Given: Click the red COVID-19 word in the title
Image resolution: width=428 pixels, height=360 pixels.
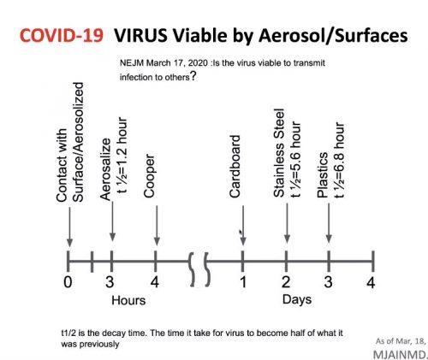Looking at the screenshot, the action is [62, 35].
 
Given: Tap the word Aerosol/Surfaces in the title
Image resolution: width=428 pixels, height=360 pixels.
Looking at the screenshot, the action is [333, 36].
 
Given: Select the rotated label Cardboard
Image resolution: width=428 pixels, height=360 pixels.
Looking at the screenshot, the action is [235, 167].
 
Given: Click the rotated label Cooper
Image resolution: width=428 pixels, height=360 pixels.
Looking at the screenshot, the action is [149, 175].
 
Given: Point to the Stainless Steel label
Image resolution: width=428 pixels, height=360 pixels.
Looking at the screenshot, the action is [279, 153].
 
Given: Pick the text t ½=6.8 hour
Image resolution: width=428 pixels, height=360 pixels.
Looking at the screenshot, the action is [339, 160].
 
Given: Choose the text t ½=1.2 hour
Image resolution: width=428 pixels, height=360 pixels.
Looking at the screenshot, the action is [122, 155].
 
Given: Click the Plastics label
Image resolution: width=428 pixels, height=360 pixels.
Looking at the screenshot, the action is [323, 174].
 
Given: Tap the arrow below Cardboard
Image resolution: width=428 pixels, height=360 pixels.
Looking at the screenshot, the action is [243, 225].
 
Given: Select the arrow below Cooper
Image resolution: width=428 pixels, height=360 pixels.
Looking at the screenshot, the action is [157, 225].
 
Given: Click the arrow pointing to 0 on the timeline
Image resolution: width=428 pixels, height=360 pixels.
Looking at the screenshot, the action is [69, 227].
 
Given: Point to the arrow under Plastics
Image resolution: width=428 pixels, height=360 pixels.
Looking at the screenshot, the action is [329, 223].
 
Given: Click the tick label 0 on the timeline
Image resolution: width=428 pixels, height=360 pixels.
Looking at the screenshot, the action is [68, 282].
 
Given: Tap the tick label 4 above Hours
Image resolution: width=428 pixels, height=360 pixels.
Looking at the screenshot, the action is [155, 282].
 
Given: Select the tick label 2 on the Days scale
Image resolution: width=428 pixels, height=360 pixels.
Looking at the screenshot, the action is [286, 282].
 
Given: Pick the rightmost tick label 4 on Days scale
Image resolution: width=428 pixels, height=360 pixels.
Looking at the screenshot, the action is [371, 282].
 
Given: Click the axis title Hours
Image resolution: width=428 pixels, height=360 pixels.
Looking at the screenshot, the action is [128, 300].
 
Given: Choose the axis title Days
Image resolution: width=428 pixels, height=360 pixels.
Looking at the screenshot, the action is [297, 300].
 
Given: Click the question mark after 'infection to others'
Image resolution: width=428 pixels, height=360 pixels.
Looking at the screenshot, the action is [193, 76].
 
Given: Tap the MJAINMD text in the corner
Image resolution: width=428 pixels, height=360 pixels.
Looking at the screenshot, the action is [400, 355].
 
